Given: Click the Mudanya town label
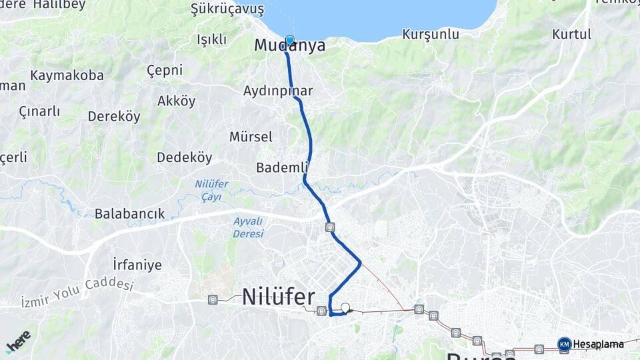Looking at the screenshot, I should click(289, 46).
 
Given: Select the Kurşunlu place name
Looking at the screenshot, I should click(431, 34).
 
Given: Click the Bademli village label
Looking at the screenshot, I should click(281, 167).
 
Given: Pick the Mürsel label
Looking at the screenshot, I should click(251, 137).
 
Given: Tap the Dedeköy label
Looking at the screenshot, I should click(184, 158).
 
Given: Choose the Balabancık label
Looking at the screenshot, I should click(129, 214).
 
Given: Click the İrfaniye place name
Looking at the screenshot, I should click(137, 265).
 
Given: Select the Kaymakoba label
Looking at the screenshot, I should click(67, 75).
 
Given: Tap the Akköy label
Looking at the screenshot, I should click(177, 101).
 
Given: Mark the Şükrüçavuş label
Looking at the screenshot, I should click(227, 9).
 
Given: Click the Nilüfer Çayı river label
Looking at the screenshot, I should click(211, 190).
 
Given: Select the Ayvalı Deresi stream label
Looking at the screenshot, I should click(248, 227).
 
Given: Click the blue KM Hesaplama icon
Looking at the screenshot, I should click(564, 344).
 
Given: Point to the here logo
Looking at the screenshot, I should click(18, 341).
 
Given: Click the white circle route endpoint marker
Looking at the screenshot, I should click(345, 308).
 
